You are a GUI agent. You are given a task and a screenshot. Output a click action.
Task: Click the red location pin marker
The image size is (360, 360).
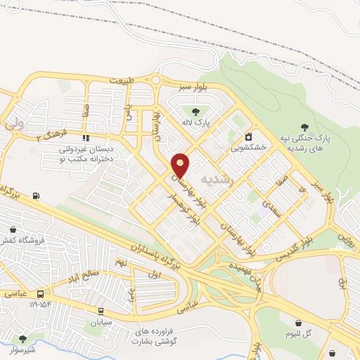(x=181, y=165)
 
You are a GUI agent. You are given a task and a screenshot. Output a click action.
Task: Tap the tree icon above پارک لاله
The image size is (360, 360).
(x=195, y=110)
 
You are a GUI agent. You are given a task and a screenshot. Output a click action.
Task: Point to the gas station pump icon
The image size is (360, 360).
(x=36, y=196)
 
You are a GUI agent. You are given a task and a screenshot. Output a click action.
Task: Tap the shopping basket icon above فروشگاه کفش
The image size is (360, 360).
(x=13, y=229)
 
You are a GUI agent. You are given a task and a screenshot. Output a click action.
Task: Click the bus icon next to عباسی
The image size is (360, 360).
(x=40, y=293)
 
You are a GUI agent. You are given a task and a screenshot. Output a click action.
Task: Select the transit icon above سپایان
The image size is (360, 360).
(x=101, y=311)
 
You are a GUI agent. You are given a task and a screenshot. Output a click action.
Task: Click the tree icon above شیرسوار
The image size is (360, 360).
(x=24, y=339)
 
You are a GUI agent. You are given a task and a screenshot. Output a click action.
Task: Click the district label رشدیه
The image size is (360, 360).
(x=215, y=179)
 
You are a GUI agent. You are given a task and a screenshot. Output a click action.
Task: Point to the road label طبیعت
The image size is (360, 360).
(x=120, y=81)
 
